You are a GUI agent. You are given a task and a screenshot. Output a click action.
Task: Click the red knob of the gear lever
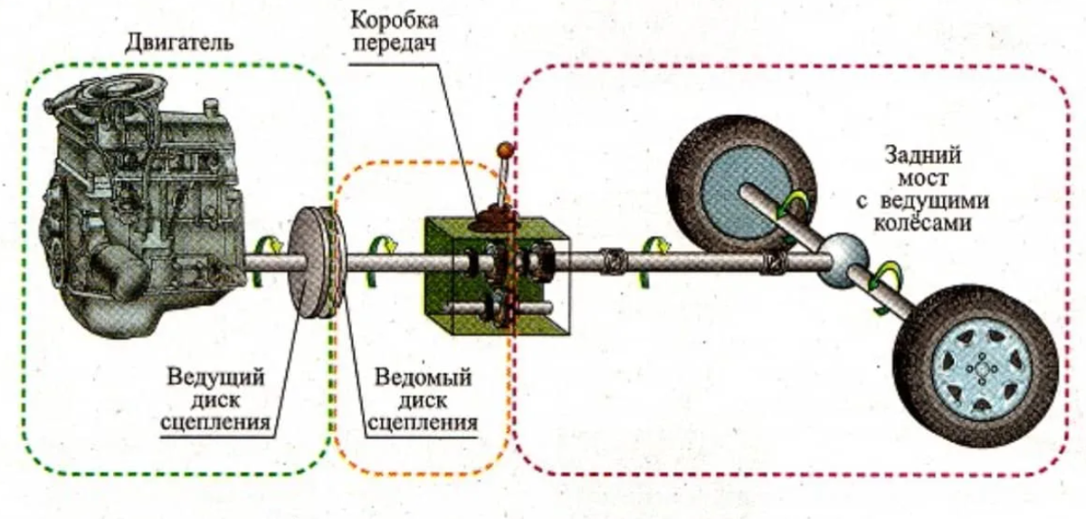504,149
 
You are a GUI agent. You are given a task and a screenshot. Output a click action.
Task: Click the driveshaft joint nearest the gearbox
614,262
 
